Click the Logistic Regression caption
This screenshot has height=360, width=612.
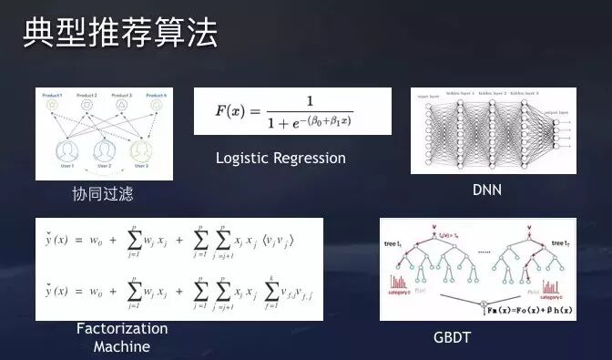coord(280,158)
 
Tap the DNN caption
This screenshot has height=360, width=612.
coord(487,190)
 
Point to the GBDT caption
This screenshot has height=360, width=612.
coord(452,338)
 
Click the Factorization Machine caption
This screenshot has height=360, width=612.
coord(121,337)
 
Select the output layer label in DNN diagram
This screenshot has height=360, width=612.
coord(556,103)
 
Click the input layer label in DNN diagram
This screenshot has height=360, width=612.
coord(428,96)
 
